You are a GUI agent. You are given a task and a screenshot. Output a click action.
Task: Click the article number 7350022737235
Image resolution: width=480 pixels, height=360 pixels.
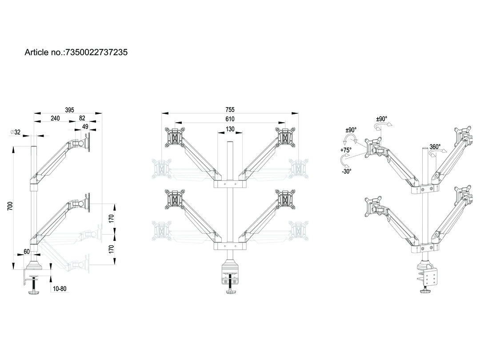coord(96,52)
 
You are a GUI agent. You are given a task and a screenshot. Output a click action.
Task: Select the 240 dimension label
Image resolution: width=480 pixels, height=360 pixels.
coord(55,118)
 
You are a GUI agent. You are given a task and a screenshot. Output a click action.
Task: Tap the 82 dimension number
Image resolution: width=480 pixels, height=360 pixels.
coord(82,118)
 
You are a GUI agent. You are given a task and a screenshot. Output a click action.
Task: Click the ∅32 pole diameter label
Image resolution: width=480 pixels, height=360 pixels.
coord(16,132)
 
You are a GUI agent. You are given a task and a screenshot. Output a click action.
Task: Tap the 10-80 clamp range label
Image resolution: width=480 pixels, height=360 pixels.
coord(60,288)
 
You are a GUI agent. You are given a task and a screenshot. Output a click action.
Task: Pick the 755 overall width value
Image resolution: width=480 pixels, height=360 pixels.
coord(230,110)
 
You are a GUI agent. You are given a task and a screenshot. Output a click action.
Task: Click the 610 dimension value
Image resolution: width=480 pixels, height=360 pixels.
coord(230,119)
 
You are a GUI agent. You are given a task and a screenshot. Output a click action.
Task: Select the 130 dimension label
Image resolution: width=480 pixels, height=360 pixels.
coord(230,129)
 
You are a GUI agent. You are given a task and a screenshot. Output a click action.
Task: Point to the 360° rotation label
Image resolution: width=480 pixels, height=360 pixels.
coord(435,147)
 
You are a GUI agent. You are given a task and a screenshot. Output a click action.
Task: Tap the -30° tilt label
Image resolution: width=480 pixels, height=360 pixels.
coord(346,171)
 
